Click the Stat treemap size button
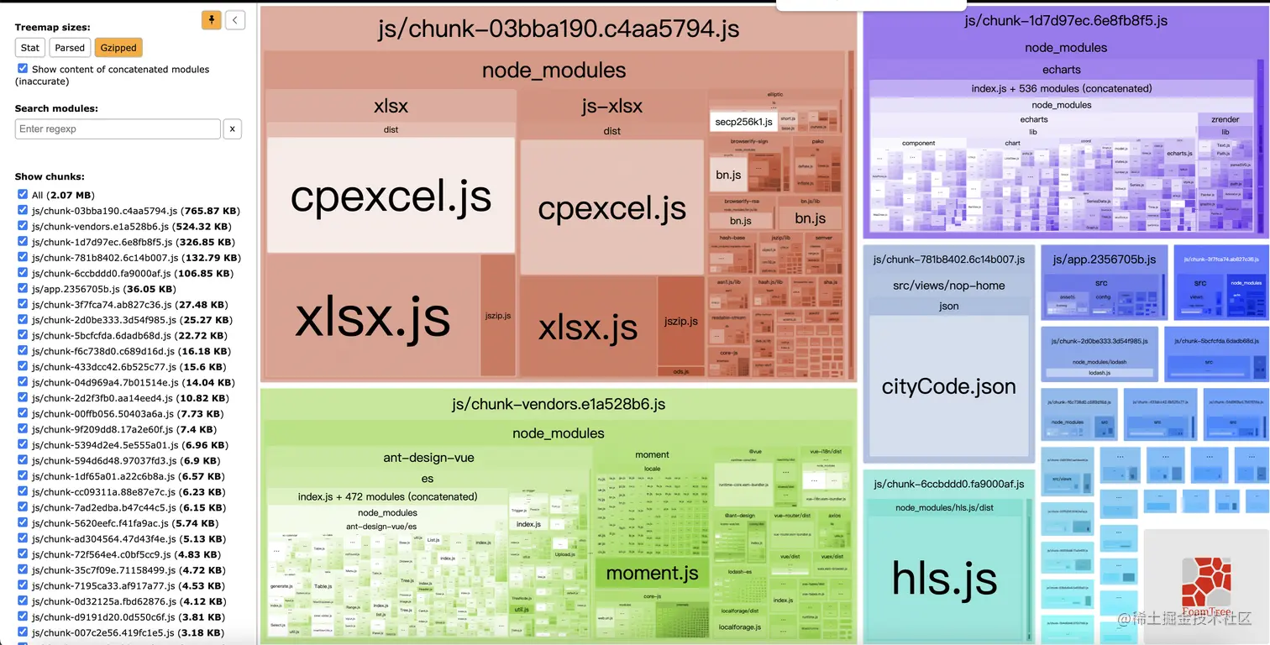pos(30,48)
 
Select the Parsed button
pos(70,48)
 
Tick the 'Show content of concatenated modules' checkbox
pos(23,69)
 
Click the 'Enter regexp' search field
pos(118,128)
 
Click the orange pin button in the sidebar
pos(211,20)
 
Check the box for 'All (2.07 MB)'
pos(23,195)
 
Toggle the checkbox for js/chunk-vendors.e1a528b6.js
pos(23,227)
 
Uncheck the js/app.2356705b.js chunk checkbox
pos(23,289)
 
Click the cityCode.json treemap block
pos(948,386)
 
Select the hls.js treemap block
pos(944,578)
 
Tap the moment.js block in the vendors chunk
pos(652,574)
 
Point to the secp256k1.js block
pos(743,122)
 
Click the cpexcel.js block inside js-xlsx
pos(611,208)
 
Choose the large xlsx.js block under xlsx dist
pos(372,317)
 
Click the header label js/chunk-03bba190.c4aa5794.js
pos(559,29)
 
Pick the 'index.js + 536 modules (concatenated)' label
pos(1061,88)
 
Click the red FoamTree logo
pos(1206,585)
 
